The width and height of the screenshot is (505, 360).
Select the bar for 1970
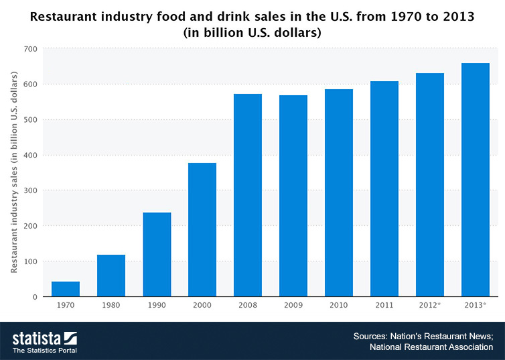pyautogui.click(x=66, y=289)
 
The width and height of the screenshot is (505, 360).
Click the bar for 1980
pyautogui.click(x=111, y=276)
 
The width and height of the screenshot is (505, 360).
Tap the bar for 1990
pyautogui.click(x=157, y=255)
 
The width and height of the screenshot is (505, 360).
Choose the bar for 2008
pyautogui.click(x=248, y=195)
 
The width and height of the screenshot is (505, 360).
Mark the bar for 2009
pyautogui.click(x=293, y=196)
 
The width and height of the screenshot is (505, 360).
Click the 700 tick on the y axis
pyautogui.click(x=30, y=49)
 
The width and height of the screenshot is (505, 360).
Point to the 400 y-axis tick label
pyautogui.click(x=30, y=156)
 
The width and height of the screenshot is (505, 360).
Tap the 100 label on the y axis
pyautogui.click(x=30, y=261)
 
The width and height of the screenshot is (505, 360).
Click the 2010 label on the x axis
pyautogui.click(x=339, y=305)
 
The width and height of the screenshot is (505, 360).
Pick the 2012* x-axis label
pyautogui.click(x=430, y=305)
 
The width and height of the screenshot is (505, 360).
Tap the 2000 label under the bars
pyautogui.click(x=202, y=305)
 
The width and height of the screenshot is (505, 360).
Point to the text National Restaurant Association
pyautogui.click(x=431, y=347)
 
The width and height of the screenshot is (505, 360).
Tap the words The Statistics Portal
pyautogui.click(x=44, y=351)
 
